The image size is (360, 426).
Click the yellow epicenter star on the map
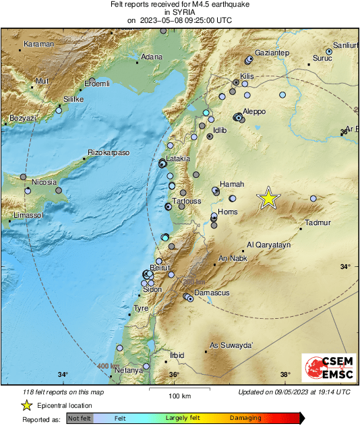(268, 198)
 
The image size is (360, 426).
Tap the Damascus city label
(212, 293)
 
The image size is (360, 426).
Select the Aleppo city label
(254, 111)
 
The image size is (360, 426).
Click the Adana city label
(151, 57)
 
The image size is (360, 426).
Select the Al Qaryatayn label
(269, 245)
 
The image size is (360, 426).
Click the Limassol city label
(28, 216)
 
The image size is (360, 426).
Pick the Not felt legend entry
(80, 418)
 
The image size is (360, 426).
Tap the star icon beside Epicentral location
(27, 405)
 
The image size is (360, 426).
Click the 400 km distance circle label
(105, 365)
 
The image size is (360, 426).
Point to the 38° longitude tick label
(285, 375)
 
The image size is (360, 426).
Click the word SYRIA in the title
(179, 12)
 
